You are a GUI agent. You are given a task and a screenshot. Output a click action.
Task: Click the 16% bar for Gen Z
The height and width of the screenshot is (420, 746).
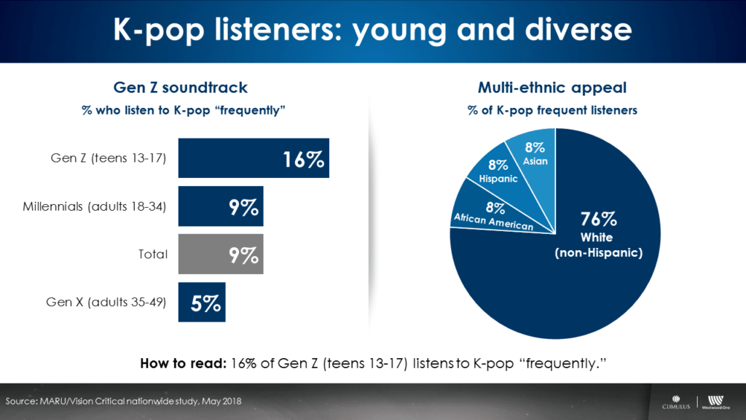(254, 158)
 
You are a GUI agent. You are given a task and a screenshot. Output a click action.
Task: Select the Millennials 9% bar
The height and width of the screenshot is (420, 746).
(221, 206)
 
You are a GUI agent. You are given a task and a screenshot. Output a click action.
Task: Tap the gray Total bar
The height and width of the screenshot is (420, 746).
(221, 254)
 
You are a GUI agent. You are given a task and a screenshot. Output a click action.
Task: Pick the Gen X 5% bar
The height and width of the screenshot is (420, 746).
(202, 303)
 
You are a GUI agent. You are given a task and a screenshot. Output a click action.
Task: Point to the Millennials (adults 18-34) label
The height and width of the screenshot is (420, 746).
(95, 207)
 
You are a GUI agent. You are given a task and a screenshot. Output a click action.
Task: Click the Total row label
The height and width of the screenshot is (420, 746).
(153, 255)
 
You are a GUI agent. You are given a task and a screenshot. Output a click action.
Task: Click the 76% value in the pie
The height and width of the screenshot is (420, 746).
(598, 218)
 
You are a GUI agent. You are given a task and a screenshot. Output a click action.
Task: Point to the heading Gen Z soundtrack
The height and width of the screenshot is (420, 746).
(181, 87)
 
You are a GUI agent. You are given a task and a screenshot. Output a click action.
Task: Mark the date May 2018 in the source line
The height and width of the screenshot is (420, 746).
(217, 402)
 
